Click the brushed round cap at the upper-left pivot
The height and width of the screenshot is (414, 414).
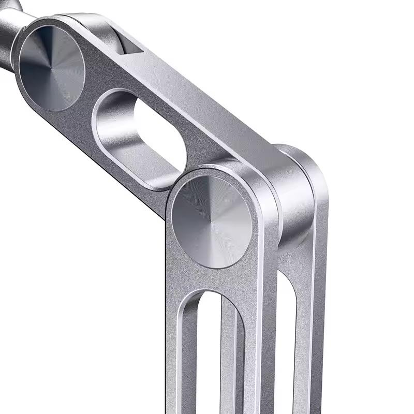tap(52, 67)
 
